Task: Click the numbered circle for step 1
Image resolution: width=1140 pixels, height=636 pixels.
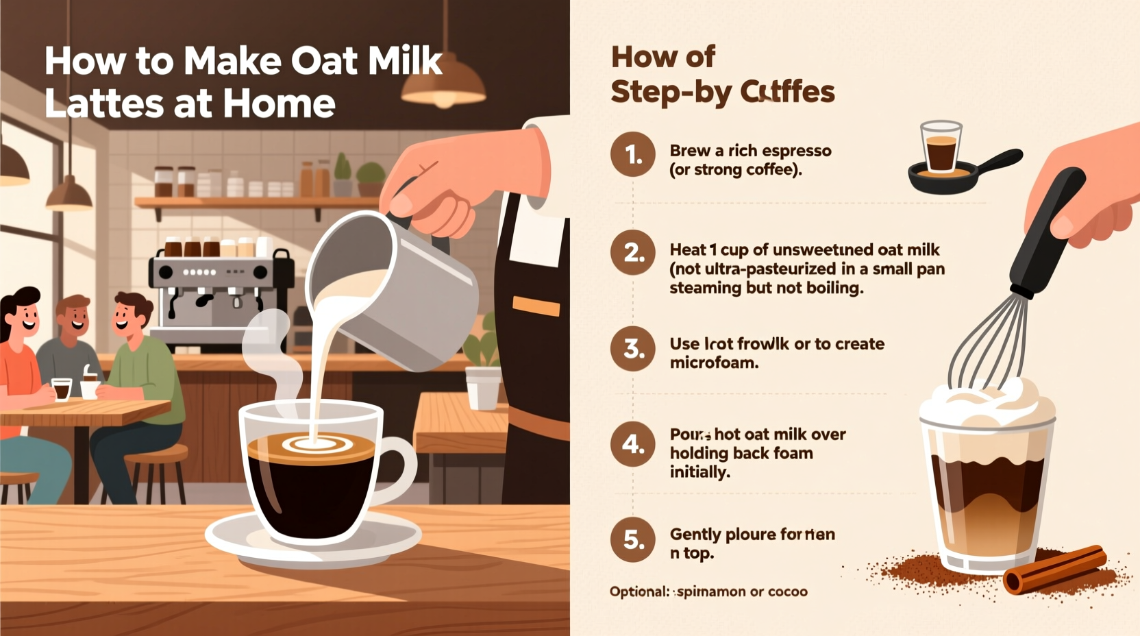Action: click(632, 154)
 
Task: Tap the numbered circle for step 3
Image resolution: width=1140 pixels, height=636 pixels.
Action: click(632, 349)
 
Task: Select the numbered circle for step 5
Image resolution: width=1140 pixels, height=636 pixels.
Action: click(632, 540)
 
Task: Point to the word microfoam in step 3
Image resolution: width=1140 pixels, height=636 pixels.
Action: click(714, 363)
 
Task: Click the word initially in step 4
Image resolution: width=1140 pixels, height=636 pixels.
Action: click(699, 472)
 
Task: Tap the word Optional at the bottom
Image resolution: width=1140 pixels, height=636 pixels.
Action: click(639, 591)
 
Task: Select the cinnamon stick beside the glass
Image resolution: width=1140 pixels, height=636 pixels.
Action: click(1055, 568)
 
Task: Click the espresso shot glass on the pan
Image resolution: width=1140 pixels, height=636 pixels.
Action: click(941, 147)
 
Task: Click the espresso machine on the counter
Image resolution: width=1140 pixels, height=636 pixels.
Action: click(219, 288)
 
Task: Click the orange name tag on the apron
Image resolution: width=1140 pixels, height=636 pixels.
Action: click(536, 306)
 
